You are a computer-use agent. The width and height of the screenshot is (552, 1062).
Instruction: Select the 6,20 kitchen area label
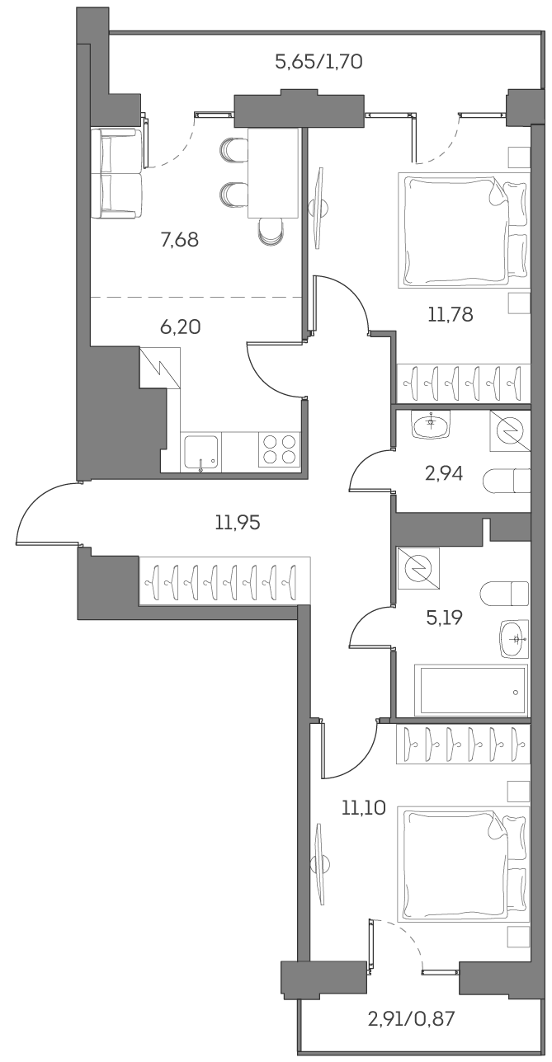[180, 327]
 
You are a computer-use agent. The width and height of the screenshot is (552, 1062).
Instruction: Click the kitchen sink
[201, 453]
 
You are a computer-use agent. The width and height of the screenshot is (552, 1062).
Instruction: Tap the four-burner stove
[278, 452]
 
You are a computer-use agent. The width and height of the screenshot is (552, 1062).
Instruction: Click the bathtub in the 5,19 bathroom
[473, 691]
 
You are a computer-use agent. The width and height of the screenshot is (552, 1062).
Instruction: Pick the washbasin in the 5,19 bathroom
[515, 637]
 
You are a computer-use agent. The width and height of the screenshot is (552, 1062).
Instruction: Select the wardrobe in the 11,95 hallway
[225, 582]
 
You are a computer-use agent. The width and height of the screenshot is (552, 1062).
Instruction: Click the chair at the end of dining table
[271, 229]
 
